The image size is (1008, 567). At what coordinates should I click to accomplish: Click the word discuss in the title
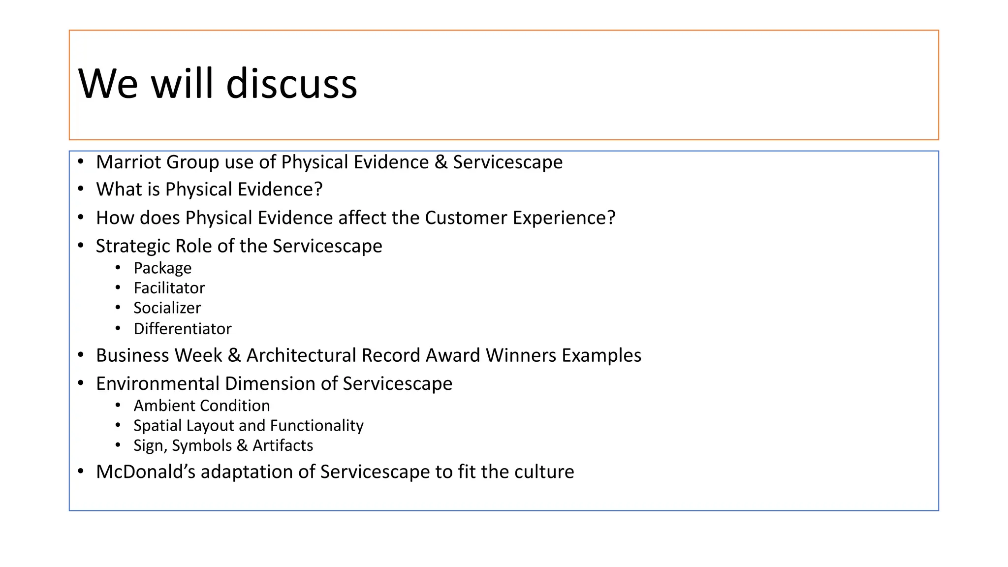pos(291,84)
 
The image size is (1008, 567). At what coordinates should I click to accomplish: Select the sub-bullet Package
pos(162,268)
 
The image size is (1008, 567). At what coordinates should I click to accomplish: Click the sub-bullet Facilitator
pos(169,288)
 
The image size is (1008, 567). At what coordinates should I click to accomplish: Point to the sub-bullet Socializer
pos(167,308)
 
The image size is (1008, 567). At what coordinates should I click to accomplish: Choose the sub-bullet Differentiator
pos(182,329)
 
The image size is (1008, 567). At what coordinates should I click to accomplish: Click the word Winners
pos(521,355)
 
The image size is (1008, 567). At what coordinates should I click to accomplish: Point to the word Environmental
pos(157,383)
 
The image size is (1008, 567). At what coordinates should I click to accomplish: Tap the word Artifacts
pos(283,445)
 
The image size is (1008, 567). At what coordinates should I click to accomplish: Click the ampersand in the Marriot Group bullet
pos(441,162)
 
